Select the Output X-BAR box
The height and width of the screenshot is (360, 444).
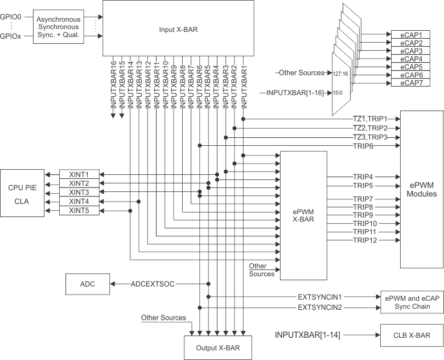click(x=217, y=348)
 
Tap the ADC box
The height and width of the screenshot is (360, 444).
click(x=88, y=284)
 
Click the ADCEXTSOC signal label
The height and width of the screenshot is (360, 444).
click(x=152, y=284)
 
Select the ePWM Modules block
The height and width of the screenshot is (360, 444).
click(x=422, y=190)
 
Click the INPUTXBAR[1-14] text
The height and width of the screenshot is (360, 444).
click(x=308, y=336)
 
